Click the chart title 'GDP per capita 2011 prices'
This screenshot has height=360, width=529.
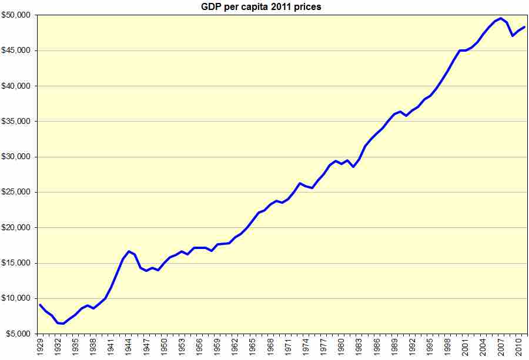(x=264, y=6)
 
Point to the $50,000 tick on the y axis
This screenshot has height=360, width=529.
(x=17, y=15)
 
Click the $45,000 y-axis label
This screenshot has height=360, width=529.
(x=17, y=51)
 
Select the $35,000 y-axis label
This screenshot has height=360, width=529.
(x=17, y=122)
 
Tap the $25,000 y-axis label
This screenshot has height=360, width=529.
(x=17, y=192)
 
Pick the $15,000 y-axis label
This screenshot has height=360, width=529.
(x=17, y=263)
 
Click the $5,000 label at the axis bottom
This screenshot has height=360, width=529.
(x=19, y=334)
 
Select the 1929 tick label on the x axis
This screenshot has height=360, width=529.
(x=40, y=346)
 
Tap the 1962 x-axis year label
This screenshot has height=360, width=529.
(x=235, y=346)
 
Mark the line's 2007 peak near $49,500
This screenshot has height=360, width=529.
(x=500, y=18)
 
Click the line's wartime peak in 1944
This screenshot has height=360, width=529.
(x=129, y=251)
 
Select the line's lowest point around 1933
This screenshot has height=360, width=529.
(x=63, y=324)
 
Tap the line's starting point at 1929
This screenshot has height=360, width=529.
(x=40, y=305)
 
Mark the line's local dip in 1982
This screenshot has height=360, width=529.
(x=353, y=167)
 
